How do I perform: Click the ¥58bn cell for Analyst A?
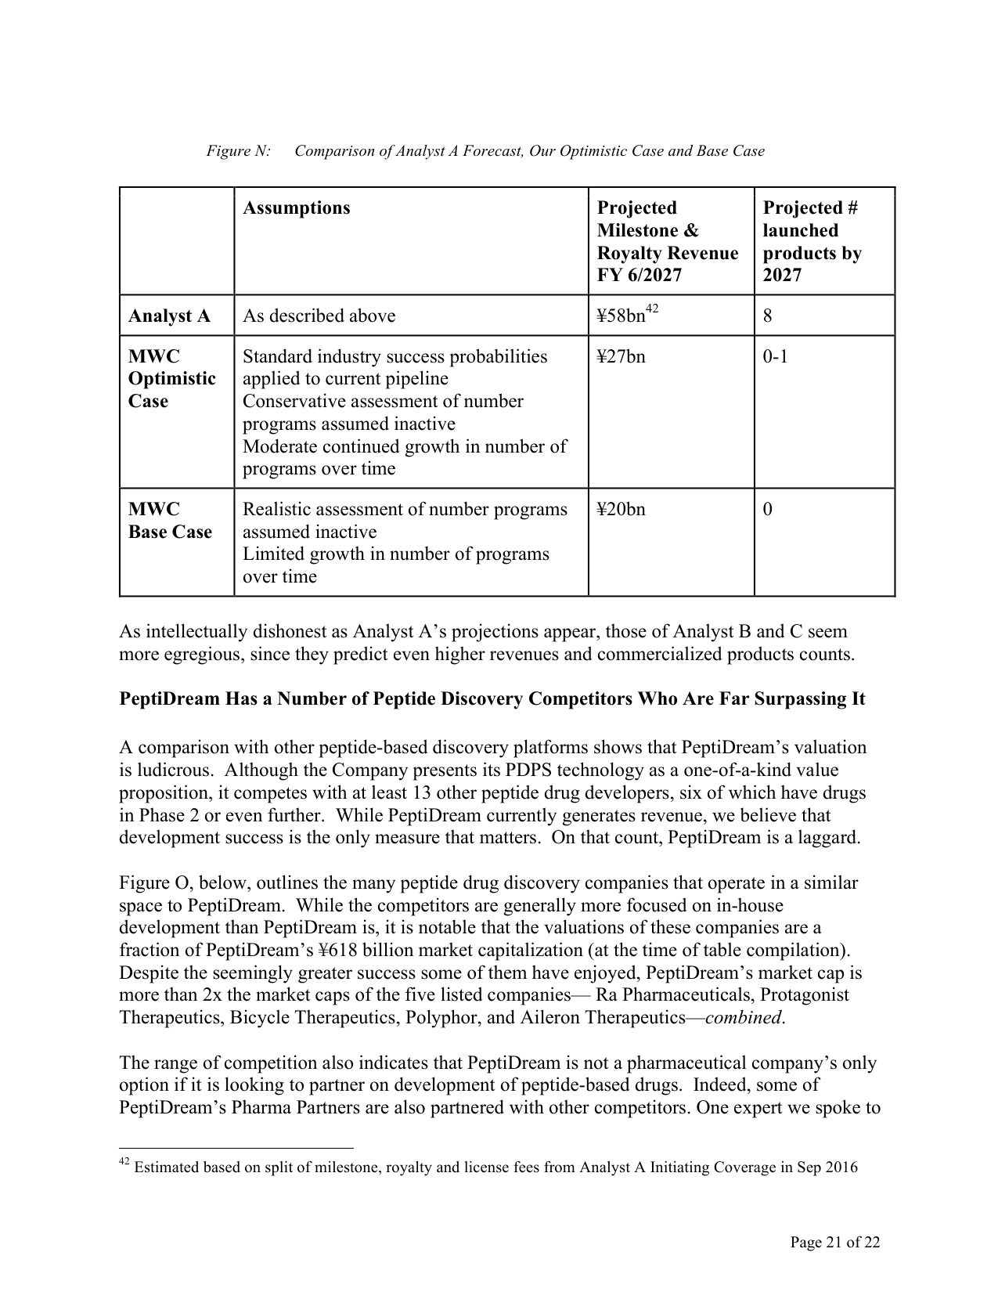tap(628, 316)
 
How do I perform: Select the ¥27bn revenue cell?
tap(621, 357)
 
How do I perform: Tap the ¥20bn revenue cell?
tap(621, 510)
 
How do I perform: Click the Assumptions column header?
tap(296, 208)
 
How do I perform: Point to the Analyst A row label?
tap(169, 316)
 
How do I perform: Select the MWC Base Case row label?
tap(170, 521)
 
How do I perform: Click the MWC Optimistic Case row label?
tap(172, 379)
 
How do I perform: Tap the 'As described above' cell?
tap(319, 316)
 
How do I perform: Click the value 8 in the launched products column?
tap(767, 316)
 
